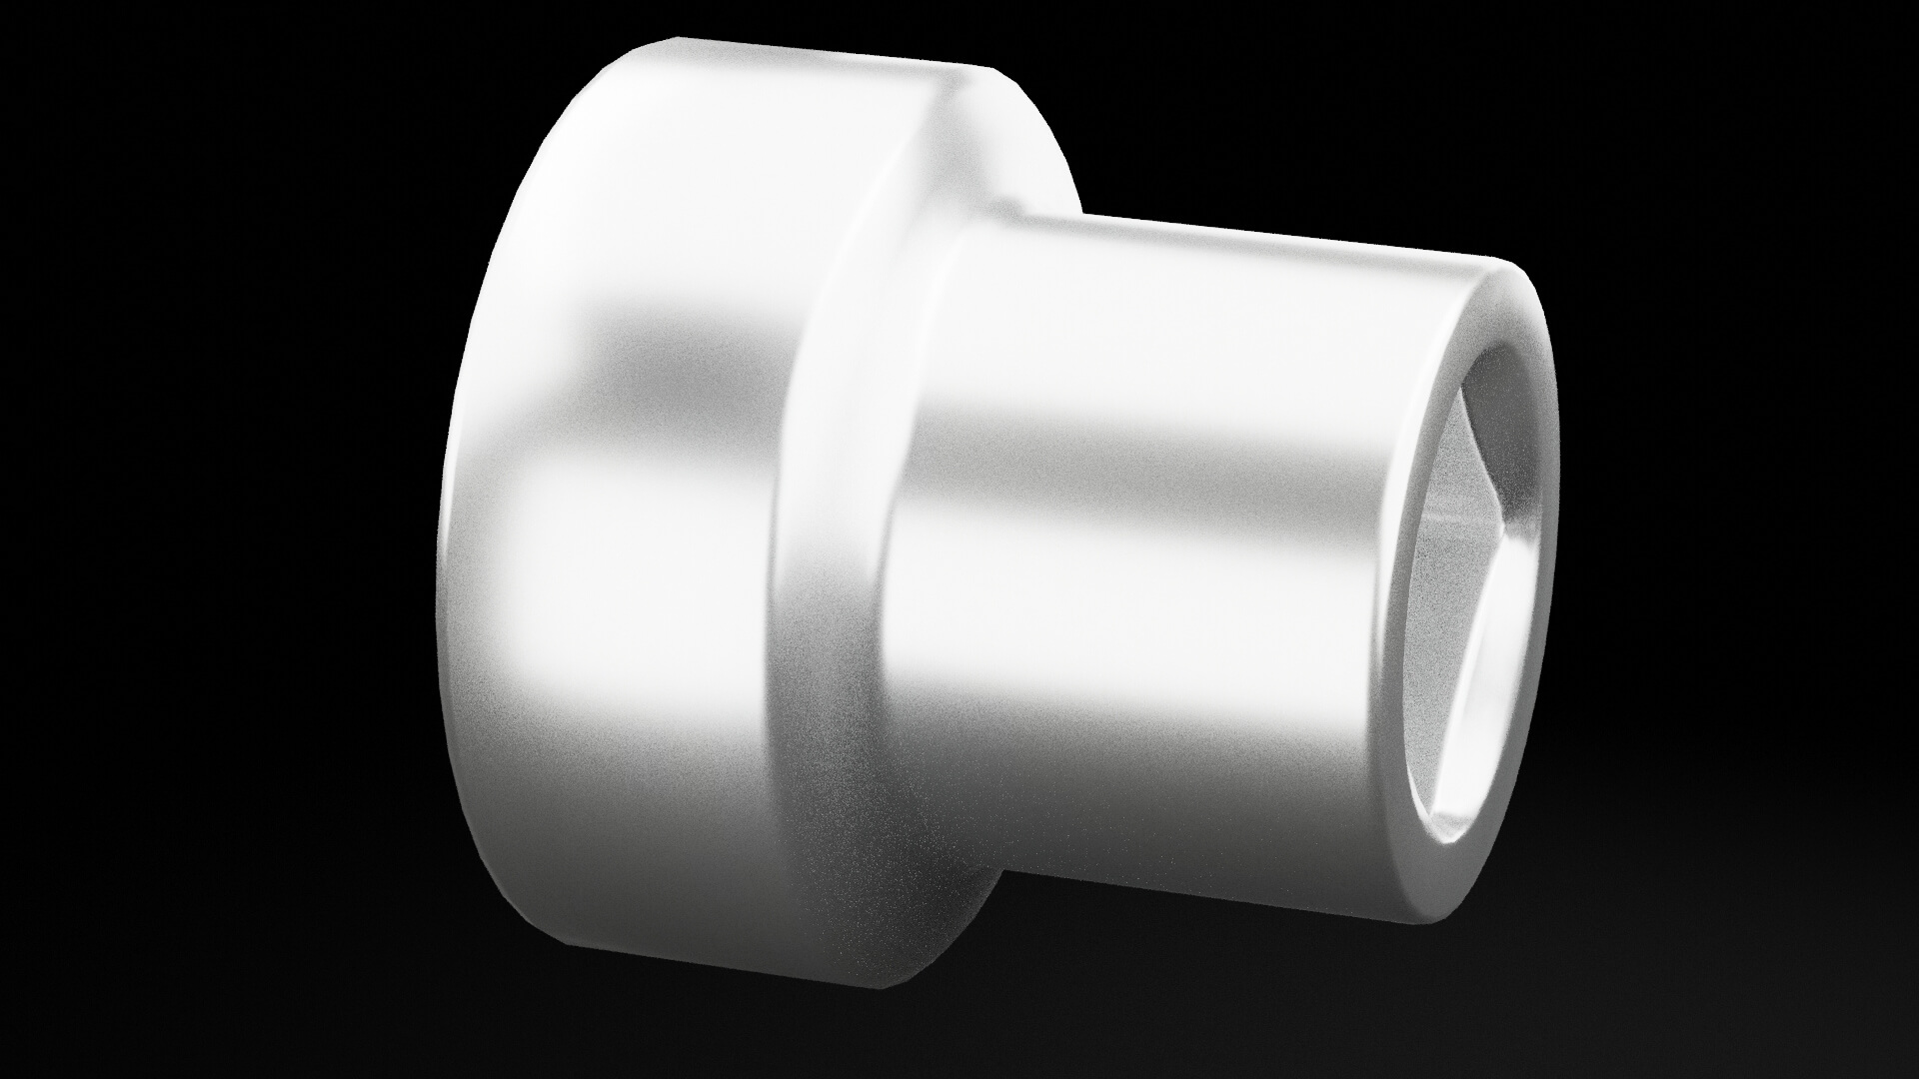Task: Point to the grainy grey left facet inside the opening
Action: click(x=1439, y=559)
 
